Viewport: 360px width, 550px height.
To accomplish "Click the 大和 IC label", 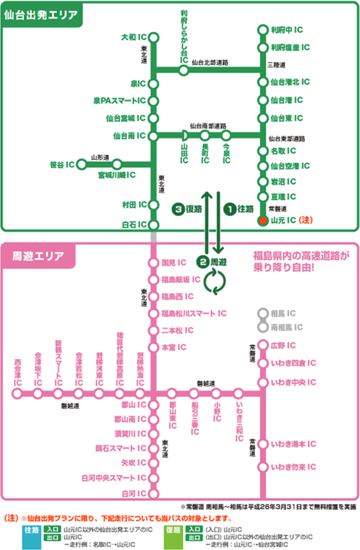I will coord(134,37).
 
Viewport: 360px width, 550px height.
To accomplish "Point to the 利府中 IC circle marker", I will coord(262,29).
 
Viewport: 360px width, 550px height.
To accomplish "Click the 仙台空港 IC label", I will coord(290,166).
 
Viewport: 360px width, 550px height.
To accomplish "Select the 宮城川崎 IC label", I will coord(116,175).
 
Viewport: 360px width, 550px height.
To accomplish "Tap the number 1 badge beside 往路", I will coord(229,209).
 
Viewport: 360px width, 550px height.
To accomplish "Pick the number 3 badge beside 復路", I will coord(177,209).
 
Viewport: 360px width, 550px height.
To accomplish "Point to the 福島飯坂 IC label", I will coord(181,279).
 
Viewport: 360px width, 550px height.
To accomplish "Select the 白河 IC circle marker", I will coord(154,494).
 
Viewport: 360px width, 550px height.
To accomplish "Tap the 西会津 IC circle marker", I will coord(17,393).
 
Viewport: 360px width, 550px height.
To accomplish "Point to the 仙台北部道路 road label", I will coord(211,62).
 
